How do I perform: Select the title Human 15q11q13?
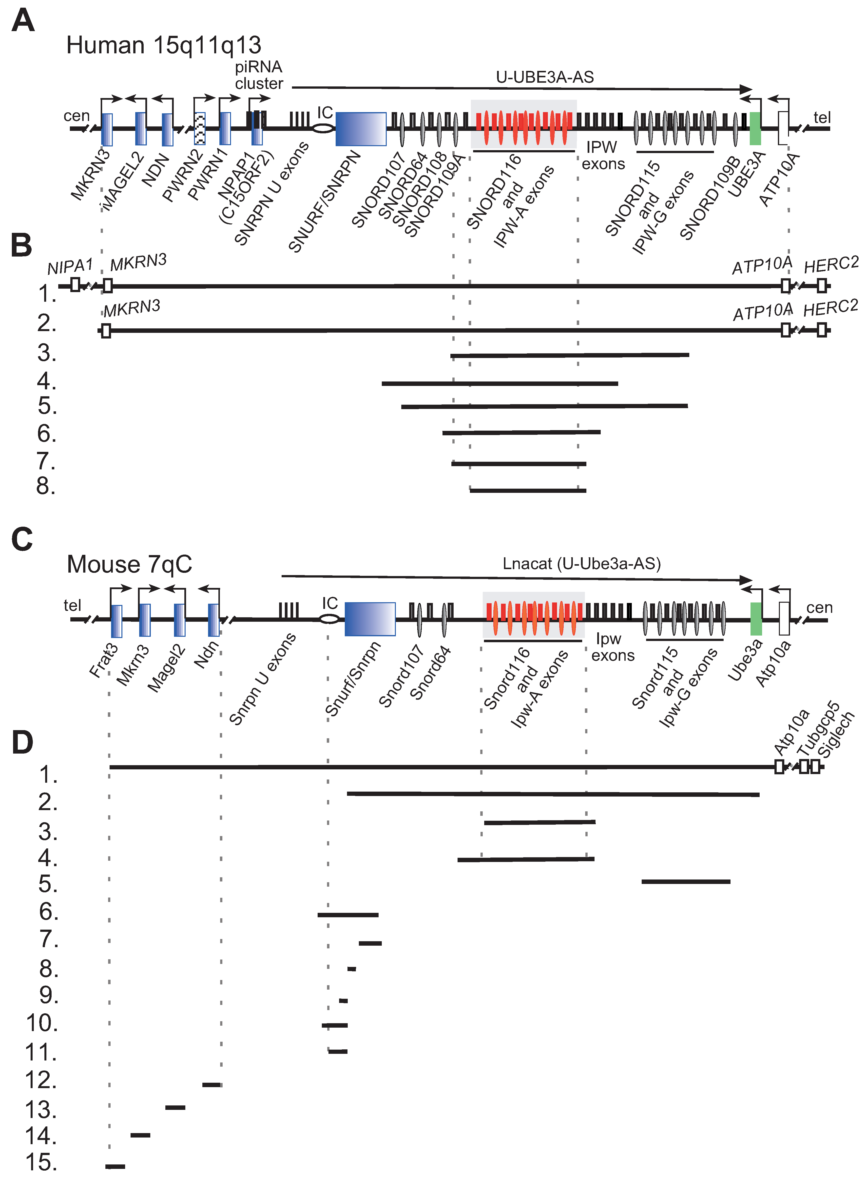click(164, 46)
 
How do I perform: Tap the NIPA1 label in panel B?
click(70, 267)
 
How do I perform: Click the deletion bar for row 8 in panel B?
click(528, 490)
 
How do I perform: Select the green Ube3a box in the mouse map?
click(756, 619)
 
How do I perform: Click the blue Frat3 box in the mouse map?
click(116, 621)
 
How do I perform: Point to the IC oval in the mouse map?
click(329, 619)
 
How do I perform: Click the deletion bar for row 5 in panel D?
click(686, 882)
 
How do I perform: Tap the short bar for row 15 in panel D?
click(115, 1166)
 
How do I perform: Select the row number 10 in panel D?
click(42, 1023)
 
